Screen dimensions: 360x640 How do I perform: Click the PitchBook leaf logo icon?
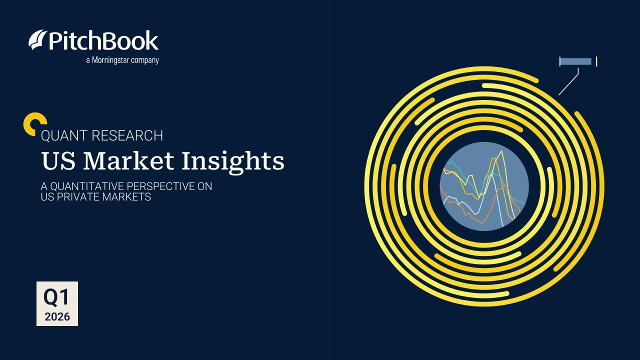click(x=38, y=40)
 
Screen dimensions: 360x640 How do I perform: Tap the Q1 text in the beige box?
click(x=57, y=297)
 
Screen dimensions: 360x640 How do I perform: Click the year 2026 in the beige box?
click(x=57, y=316)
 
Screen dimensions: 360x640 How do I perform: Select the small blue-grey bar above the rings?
click(x=575, y=61)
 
